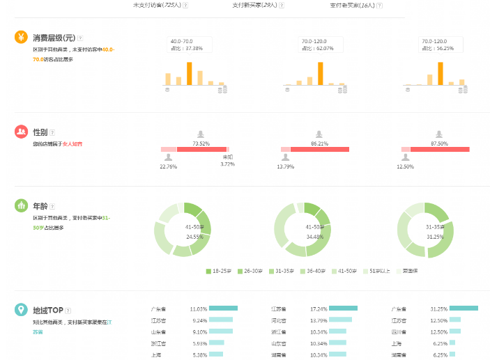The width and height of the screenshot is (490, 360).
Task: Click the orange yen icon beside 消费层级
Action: pos(21,37)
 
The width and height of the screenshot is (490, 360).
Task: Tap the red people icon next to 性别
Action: pos(21,131)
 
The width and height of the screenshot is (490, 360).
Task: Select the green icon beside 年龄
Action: pos(21,206)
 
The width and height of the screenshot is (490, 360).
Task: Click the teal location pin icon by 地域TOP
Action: pos(21,309)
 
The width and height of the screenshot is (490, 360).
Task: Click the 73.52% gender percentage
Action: pos(201,143)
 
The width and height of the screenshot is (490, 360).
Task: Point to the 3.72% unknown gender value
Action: pos(227,164)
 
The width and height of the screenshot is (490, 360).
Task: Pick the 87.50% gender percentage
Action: pos(439,143)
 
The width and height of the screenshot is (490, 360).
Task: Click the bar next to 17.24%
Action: pos(343,308)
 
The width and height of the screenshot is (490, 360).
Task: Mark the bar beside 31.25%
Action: pos(464,308)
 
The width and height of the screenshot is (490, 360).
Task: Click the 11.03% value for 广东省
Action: pos(199,308)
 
